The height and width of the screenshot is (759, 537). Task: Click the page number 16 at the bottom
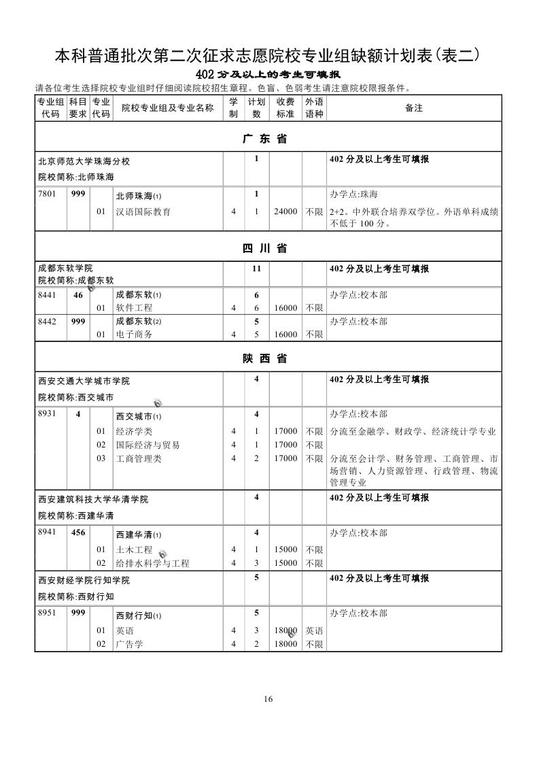coord(268,699)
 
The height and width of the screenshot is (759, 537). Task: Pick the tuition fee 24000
coord(285,212)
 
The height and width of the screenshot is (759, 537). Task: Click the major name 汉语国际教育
coord(143,212)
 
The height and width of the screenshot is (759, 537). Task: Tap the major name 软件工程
coord(134,308)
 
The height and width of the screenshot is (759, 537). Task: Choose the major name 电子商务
coord(134,335)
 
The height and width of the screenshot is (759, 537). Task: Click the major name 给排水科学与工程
coord(153,563)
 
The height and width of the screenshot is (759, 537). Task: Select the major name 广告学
coord(129,643)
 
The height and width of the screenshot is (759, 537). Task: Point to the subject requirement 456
coord(78,533)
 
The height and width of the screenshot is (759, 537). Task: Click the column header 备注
coord(414,108)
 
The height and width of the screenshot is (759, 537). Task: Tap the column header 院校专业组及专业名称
coord(167,108)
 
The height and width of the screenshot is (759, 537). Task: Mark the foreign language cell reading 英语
coord(314,630)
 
